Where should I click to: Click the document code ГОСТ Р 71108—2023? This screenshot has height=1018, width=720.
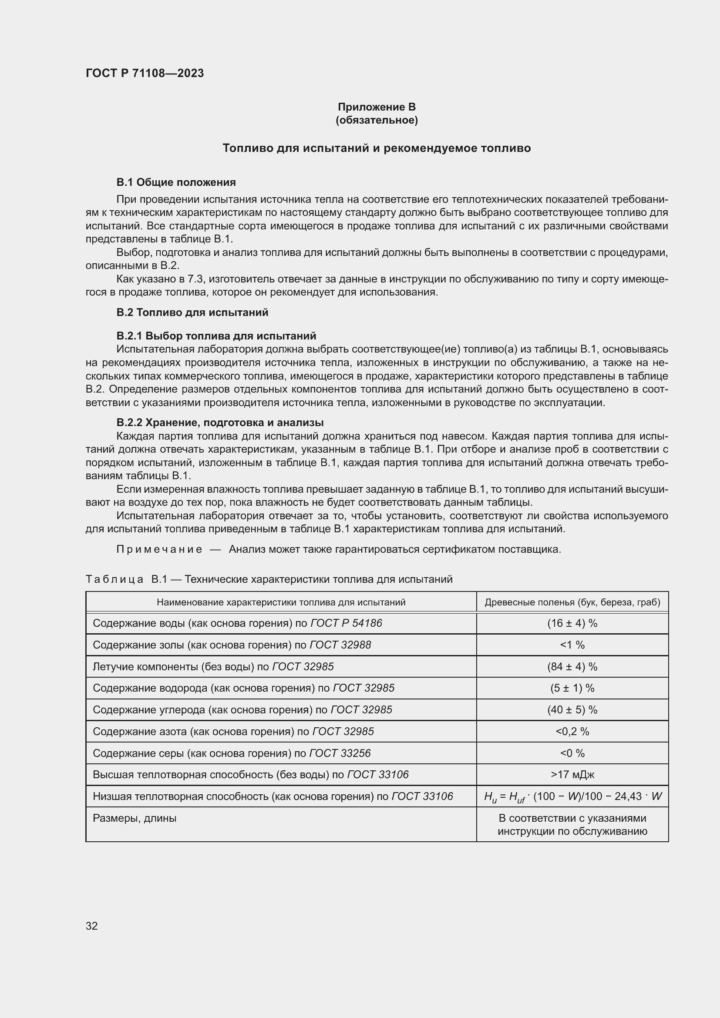pos(145,73)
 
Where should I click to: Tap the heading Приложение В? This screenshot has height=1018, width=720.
pos(377,107)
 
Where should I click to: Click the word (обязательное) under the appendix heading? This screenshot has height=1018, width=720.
pos(377,120)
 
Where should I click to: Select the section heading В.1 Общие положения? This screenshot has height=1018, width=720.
pos(176,182)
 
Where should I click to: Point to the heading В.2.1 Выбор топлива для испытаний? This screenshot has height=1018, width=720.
pos(216,336)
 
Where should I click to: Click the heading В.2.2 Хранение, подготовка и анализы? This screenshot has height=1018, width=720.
pos(220,422)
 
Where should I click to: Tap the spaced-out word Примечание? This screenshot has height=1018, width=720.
pos(159,549)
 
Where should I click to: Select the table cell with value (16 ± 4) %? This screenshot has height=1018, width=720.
pos(572,623)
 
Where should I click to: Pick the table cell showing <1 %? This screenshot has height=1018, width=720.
pos(572,645)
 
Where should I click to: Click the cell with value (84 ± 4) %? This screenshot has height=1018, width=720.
pos(572,667)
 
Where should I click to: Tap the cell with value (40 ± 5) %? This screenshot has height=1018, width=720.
pos(572,710)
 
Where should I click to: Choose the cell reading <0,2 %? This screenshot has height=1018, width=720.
pos(572,732)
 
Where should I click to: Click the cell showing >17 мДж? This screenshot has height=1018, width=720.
pos(572,775)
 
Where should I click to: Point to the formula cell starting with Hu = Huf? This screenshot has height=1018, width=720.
pos(572,797)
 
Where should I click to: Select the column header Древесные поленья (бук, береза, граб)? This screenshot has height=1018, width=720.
pos(572,602)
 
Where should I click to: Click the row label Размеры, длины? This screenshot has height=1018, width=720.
pos(135,818)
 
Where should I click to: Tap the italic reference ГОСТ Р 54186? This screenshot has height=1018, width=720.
pos(346,623)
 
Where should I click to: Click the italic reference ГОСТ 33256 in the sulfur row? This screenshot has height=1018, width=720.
pos(340,753)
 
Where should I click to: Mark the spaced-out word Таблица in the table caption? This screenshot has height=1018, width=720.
pos(114,579)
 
